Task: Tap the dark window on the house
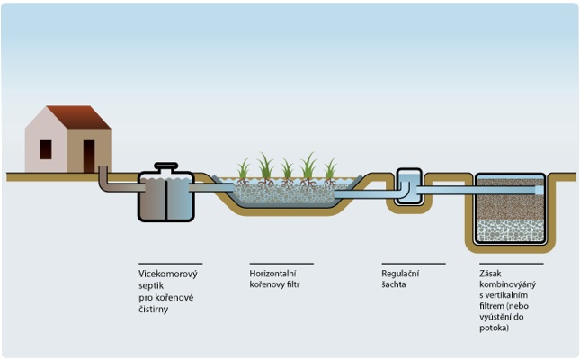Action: pyautogui.click(x=46, y=149)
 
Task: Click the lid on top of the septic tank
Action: pyautogui.click(x=166, y=167)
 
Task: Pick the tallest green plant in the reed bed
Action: pyautogui.click(x=308, y=166)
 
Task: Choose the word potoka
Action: pyautogui.click(x=495, y=329)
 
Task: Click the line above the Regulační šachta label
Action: pyautogui.click(x=413, y=263)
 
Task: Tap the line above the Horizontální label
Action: pyautogui.click(x=281, y=263)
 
